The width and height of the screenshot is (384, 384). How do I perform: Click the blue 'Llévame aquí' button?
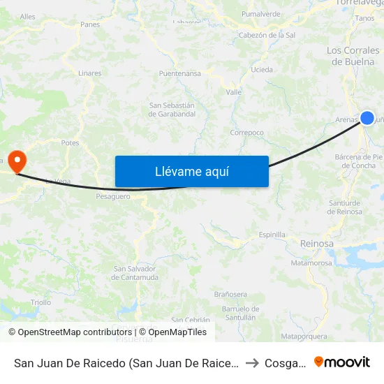191,171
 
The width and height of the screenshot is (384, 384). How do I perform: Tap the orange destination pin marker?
15,161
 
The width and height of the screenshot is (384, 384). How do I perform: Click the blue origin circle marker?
367,118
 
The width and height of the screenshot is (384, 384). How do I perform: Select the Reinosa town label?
316,243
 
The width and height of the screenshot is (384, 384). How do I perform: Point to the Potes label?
70,142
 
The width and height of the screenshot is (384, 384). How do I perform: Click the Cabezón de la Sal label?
267,35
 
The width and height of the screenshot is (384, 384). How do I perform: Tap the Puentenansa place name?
180,73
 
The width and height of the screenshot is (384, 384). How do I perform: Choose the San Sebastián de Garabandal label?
172,110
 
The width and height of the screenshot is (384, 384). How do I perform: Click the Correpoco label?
247,132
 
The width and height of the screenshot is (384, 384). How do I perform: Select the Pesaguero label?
113,197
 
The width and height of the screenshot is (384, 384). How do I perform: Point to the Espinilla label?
272,235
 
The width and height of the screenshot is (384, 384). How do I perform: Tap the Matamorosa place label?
311,263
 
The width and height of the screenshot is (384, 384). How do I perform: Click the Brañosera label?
230,294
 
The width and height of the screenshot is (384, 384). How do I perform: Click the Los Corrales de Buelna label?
354,56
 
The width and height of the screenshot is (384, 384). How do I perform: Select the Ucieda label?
262,70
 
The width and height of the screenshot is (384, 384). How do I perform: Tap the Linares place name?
90,73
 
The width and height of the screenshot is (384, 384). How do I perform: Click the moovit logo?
342,362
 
